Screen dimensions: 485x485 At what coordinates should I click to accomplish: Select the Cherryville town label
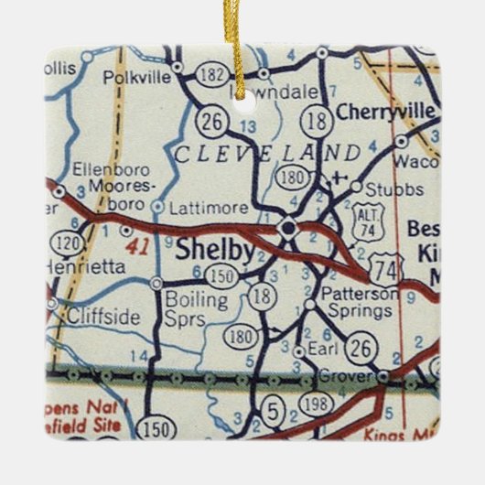pos(385,112)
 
